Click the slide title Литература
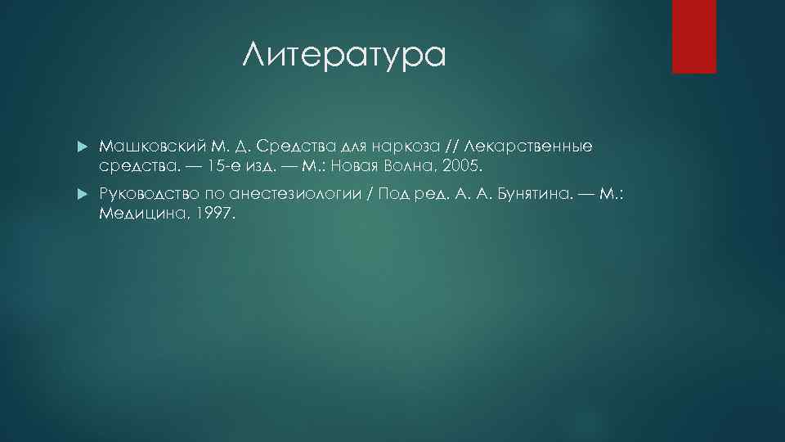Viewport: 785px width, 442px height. click(344, 56)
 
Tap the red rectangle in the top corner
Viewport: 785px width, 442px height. click(693, 36)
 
